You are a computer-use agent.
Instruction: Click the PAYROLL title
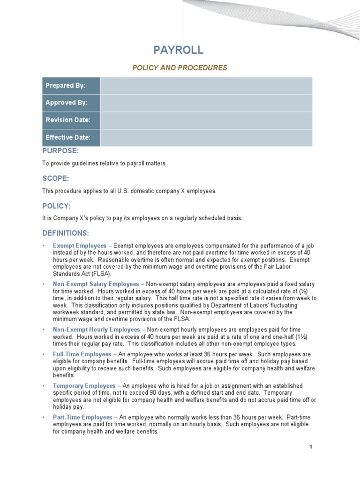click(x=179, y=51)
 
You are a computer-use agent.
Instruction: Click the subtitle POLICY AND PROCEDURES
click(x=180, y=68)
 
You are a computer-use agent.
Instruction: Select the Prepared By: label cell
click(x=71, y=86)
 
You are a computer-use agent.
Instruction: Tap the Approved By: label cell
click(x=71, y=103)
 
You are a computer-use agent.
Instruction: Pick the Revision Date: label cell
click(x=71, y=120)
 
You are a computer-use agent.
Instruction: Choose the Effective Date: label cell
click(x=71, y=138)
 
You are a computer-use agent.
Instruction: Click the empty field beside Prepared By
click(x=206, y=86)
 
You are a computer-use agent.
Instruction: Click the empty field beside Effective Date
click(x=206, y=138)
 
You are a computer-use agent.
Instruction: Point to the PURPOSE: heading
click(x=60, y=151)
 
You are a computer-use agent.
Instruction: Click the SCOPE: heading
click(x=55, y=179)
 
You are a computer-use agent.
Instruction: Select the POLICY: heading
click(x=56, y=206)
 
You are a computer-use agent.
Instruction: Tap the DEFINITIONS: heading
click(x=65, y=233)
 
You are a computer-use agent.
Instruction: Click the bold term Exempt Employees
click(x=79, y=246)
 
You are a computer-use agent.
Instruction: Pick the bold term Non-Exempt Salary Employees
click(x=96, y=284)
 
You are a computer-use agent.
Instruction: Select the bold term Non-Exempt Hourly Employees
click(x=97, y=330)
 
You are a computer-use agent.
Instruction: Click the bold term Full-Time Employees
click(x=82, y=354)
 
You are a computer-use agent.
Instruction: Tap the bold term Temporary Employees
click(x=84, y=386)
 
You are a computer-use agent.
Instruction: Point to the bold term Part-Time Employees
click(x=82, y=417)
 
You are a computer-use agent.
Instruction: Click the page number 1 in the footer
click(x=310, y=447)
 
